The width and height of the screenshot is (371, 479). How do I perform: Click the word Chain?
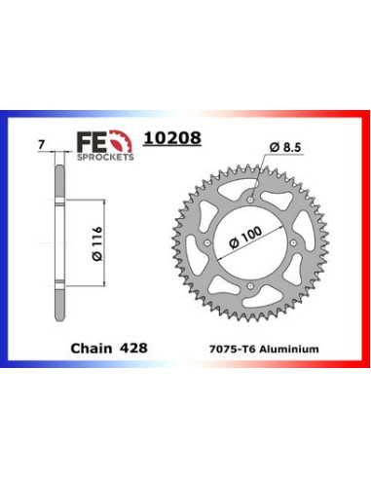click(90, 346)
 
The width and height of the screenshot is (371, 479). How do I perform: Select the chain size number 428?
click(130, 346)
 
